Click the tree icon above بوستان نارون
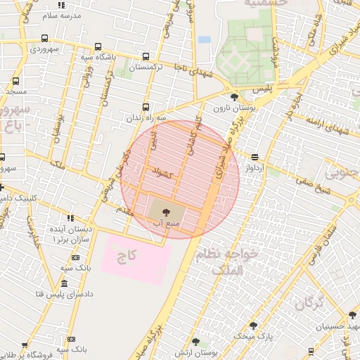(x=234, y=96)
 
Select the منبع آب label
(x=167, y=222)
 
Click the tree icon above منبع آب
(x=167, y=210)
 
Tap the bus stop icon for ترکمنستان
(x=146, y=56)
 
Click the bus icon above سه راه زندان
(x=146, y=107)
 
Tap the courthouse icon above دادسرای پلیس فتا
(x=65, y=283)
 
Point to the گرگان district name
(x=309, y=304)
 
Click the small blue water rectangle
(x=204, y=39)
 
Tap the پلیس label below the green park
(x=262, y=89)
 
